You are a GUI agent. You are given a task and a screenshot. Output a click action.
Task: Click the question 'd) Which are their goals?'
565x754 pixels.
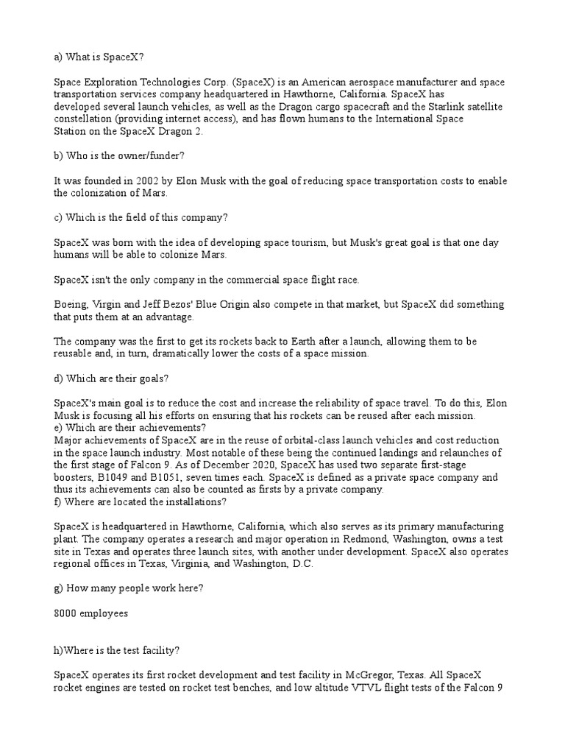(112, 378)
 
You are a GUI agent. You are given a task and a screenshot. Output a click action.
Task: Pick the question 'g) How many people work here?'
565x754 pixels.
(129, 588)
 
